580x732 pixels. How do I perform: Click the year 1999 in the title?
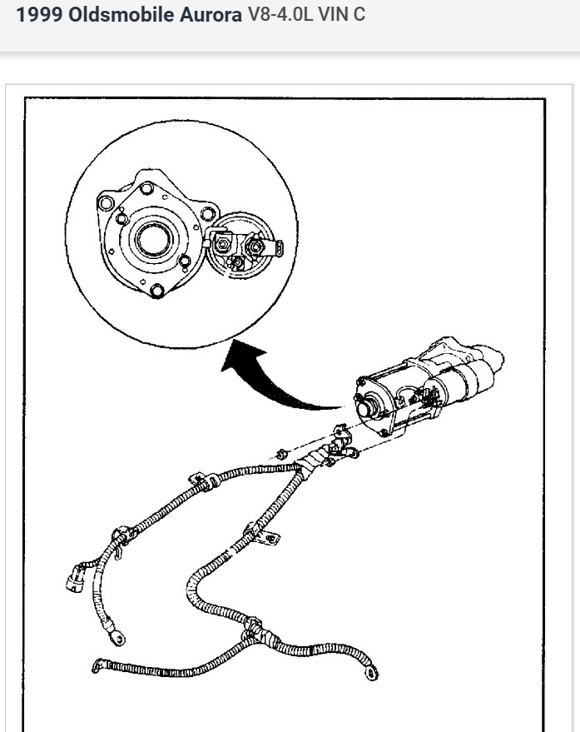[x=38, y=15]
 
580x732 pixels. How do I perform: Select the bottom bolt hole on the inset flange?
[x=158, y=290]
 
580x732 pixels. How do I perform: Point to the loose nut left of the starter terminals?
[x=281, y=455]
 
